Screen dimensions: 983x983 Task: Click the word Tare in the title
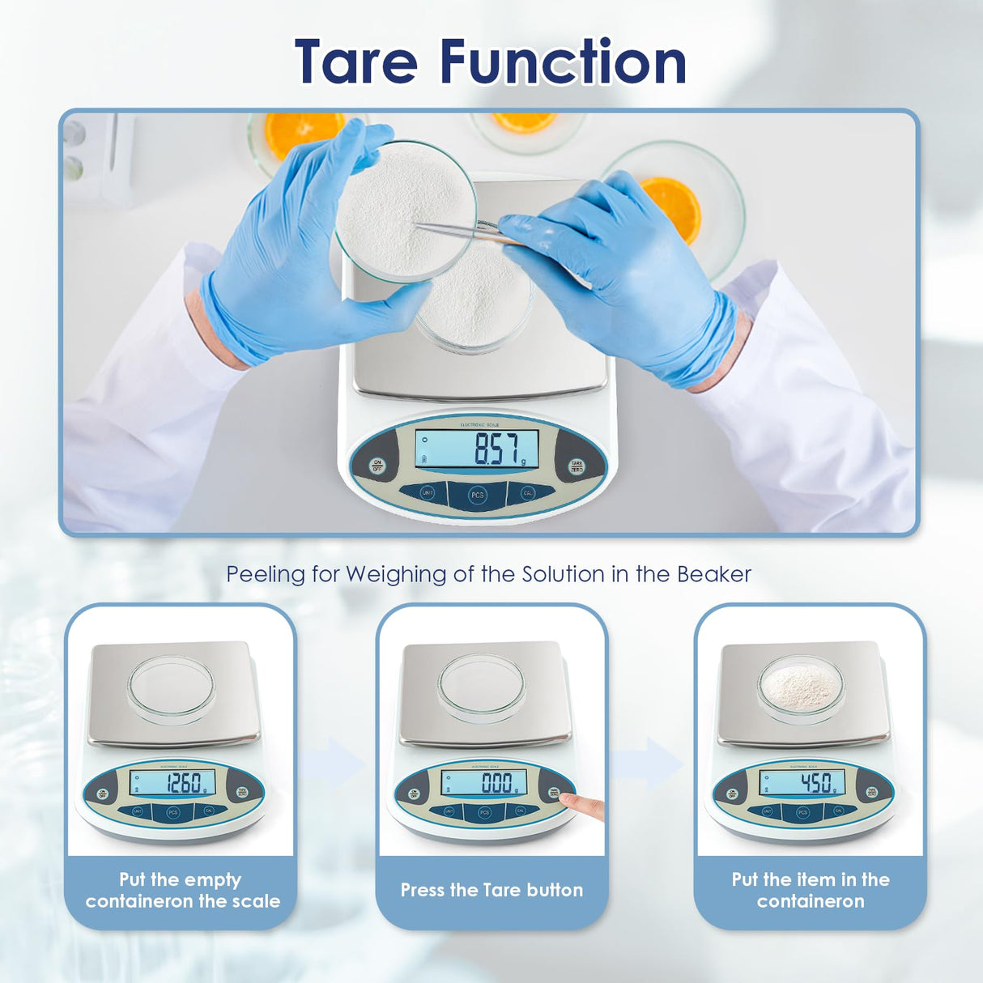point(356,62)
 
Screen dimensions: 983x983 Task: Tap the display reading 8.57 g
point(477,449)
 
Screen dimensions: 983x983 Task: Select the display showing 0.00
point(484,783)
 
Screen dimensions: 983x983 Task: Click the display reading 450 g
point(802,783)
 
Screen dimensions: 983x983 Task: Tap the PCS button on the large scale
point(478,495)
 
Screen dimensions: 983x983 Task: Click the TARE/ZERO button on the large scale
point(577,466)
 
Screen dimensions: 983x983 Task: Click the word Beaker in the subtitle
point(713,574)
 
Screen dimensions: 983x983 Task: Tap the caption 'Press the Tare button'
point(491,890)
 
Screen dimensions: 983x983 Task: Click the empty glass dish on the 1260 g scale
point(171,687)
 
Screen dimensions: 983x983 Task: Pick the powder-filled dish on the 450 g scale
point(801,687)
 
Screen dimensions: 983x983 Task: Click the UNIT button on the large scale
point(428,492)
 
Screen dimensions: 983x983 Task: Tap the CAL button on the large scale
point(528,492)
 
